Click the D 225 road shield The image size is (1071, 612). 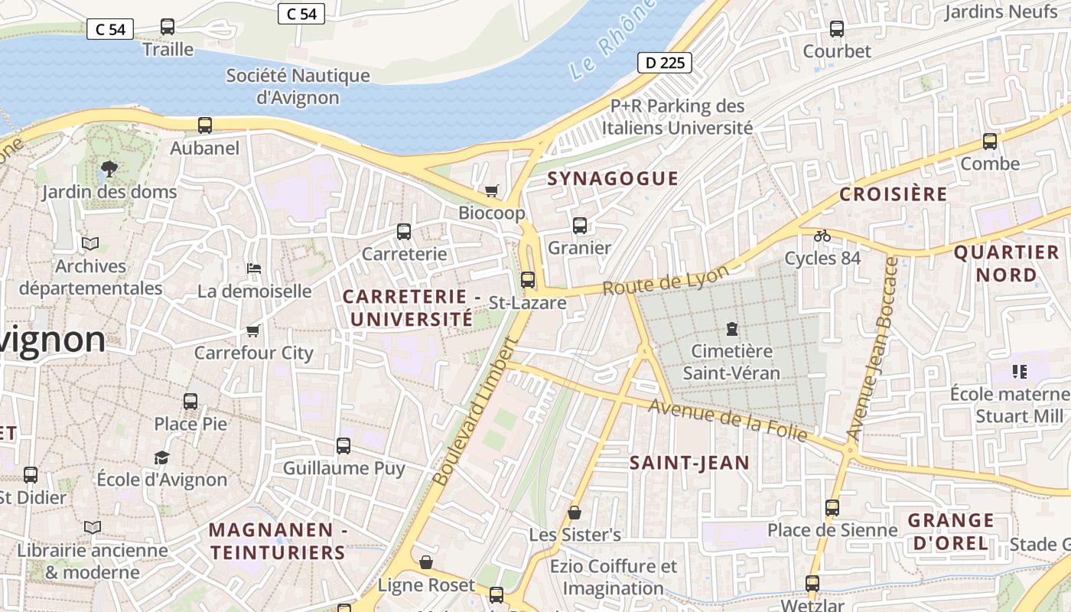tap(664, 63)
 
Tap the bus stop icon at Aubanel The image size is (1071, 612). tap(205, 125)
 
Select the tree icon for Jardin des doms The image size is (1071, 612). tap(109, 168)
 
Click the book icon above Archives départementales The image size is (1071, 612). tap(90, 244)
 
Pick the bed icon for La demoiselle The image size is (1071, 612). tap(254, 269)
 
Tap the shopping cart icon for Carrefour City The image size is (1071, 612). tap(253, 330)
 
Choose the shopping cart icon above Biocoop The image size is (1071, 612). tap(491, 190)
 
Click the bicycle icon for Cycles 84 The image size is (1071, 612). tap(822, 236)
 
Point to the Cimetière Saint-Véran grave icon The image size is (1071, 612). tap(732, 329)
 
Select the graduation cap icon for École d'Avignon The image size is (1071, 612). tap(161, 457)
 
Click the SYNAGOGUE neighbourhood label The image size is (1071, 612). tap(613, 178)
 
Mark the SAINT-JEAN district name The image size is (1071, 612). tap(689, 463)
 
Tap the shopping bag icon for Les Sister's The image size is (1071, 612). tap(575, 513)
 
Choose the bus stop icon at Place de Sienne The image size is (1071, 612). tap(832, 508)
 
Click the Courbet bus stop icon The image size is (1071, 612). tap(837, 29)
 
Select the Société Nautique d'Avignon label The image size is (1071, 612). tap(298, 86)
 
